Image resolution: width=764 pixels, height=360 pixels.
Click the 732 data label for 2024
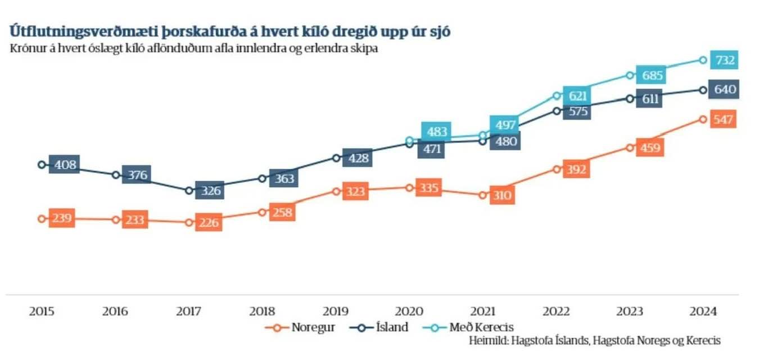click(x=724, y=60)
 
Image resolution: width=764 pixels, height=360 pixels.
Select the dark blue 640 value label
click(x=724, y=90)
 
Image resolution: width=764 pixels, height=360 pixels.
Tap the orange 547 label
click(x=722, y=119)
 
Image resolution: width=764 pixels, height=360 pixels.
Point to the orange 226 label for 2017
click(x=209, y=222)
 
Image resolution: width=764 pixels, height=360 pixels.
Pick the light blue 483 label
click(x=436, y=132)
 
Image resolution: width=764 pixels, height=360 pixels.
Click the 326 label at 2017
click(x=210, y=191)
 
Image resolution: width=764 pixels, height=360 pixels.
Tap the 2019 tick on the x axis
click(x=336, y=311)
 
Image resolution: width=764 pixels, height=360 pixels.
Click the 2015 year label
click(x=42, y=311)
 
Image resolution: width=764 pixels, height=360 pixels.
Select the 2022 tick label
click(x=557, y=311)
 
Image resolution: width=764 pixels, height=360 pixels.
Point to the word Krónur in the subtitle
click(x=26, y=48)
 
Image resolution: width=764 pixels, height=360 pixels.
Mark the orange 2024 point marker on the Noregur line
click(x=703, y=119)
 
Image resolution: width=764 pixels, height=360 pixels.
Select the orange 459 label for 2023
click(x=650, y=148)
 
